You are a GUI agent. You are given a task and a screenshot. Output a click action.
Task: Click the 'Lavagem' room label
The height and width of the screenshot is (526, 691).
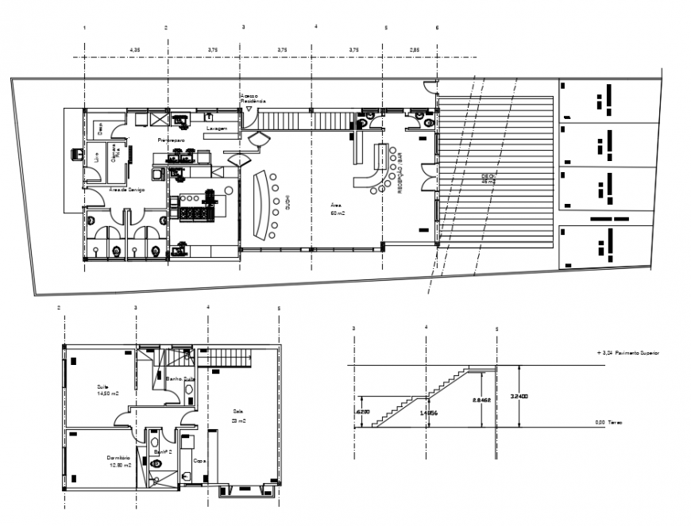pyautogui.click(x=218, y=129)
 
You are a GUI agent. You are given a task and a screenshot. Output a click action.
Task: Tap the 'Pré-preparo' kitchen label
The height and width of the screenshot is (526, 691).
pyautogui.click(x=172, y=140)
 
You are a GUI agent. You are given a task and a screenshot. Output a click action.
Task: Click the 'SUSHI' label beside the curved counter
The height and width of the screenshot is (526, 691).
pyautogui.click(x=287, y=203)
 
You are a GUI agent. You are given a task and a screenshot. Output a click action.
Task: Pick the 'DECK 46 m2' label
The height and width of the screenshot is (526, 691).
pyautogui.click(x=488, y=179)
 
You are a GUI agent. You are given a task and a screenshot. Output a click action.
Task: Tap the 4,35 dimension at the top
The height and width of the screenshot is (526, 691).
pyautogui.click(x=135, y=50)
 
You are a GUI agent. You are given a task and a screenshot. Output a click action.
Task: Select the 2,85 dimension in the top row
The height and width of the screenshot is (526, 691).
pyautogui.click(x=415, y=50)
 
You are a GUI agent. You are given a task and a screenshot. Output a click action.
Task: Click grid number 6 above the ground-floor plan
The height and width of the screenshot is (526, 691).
pyautogui.click(x=437, y=28)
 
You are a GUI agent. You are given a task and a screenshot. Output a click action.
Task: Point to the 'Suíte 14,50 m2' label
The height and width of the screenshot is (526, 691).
pyautogui.click(x=107, y=390)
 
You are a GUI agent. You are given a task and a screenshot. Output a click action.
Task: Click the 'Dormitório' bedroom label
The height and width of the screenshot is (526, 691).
pyautogui.click(x=118, y=459)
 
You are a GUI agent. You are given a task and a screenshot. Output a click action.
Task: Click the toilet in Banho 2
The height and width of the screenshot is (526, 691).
pyautogui.click(x=156, y=463)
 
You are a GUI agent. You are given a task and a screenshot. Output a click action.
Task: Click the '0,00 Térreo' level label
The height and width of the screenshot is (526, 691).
pyautogui.click(x=608, y=423)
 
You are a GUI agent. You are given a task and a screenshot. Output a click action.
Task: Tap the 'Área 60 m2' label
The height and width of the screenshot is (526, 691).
pyautogui.click(x=338, y=209)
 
